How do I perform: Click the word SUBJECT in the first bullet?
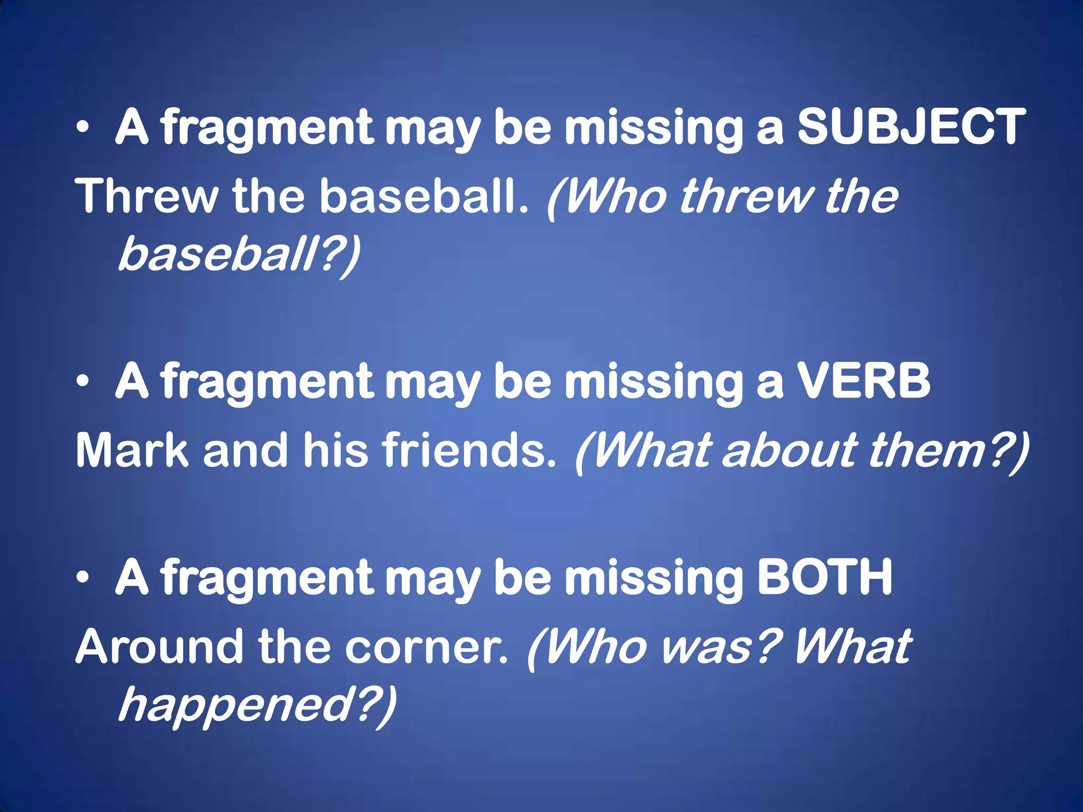[x=911, y=126]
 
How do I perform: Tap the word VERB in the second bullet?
[x=863, y=381]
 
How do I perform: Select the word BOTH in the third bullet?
[x=824, y=577]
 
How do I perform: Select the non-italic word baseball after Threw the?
[x=423, y=196]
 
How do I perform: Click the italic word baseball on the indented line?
[x=217, y=254]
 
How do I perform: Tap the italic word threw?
[x=746, y=196]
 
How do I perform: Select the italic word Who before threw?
[x=613, y=196]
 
